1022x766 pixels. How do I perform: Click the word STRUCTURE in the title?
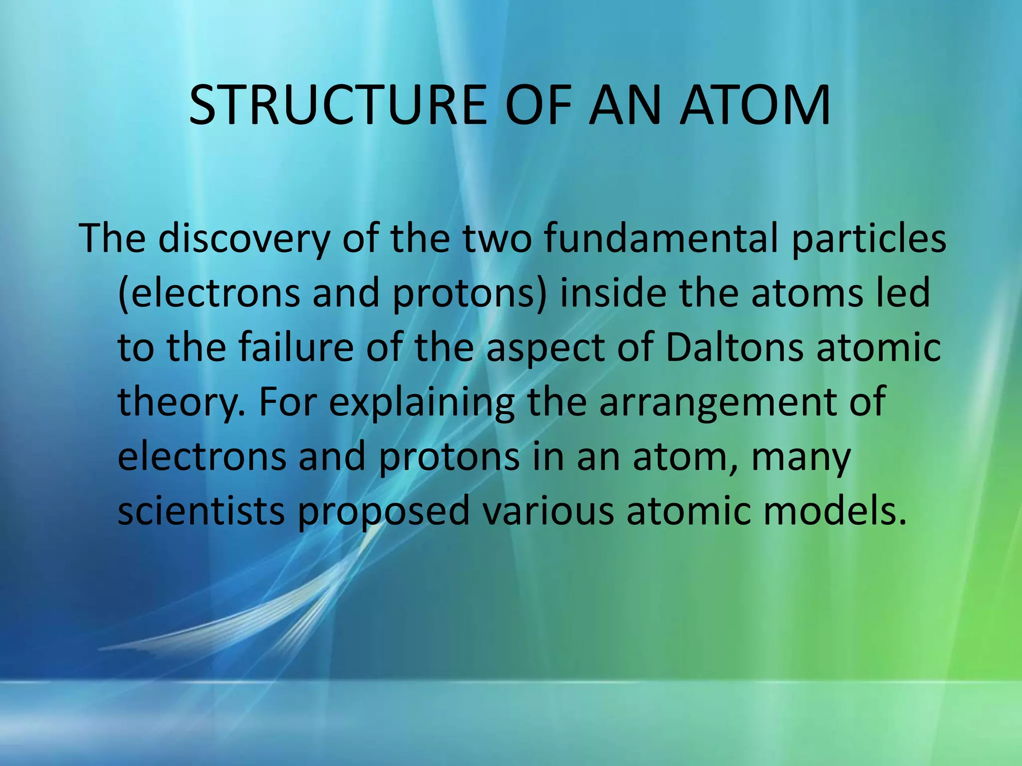point(338,106)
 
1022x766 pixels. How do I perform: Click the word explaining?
point(421,403)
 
